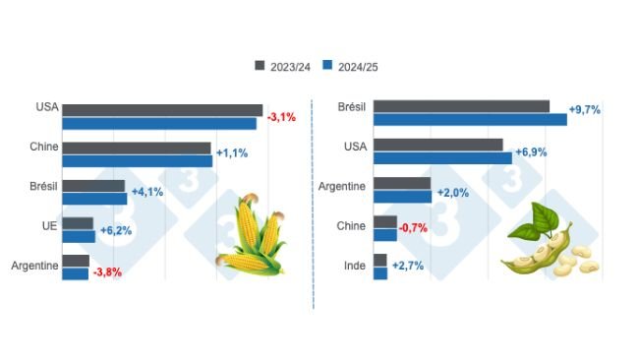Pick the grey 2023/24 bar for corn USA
pyautogui.click(x=162, y=110)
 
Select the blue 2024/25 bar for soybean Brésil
pyautogui.click(x=470, y=120)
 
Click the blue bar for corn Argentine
pyautogui.click(x=75, y=273)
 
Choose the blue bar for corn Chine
pyautogui.click(x=137, y=160)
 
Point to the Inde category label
pyautogui.click(x=354, y=266)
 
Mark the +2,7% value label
pyautogui.click(x=407, y=267)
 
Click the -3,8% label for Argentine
pyautogui.click(x=106, y=272)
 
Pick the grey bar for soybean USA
pyautogui.click(x=438, y=145)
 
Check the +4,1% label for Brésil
pyautogui.click(x=146, y=193)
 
